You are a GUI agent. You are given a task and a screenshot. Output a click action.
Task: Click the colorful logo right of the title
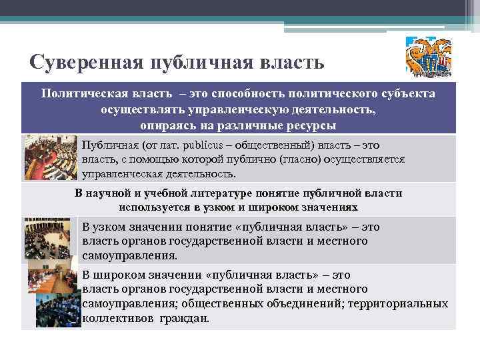(429, 57)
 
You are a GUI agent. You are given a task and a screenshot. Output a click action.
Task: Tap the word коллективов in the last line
(116, 318)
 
